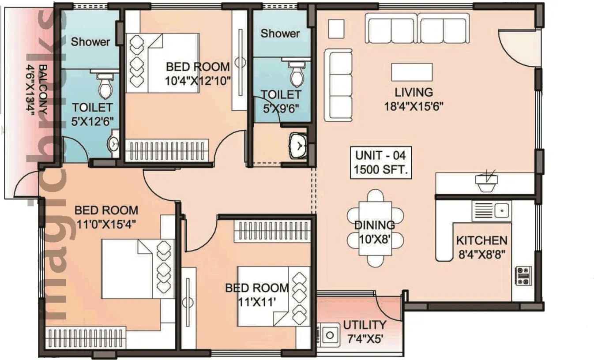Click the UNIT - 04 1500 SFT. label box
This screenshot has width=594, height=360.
click(x=381, y=162)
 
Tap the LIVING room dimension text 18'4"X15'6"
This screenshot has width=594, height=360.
click(x=414, y=106)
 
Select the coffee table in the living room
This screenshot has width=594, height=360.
click(x=412, y=72)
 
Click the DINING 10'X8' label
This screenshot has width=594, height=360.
click(x=375, y=232)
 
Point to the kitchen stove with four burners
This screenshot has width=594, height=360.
click(x=524, y=276)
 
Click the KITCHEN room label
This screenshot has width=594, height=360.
click(x=481, y=241)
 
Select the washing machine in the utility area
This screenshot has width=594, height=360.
click(x=328, y=335)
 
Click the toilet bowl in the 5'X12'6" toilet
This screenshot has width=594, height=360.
click(x=105, y=86)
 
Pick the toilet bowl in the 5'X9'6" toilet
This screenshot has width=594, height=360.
click(x=297, y=75)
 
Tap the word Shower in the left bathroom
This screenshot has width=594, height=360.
click(x=90, y=42)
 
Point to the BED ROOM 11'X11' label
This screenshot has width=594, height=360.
click(x=257, y=295)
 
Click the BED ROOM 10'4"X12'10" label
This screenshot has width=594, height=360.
click(x=198, y=73)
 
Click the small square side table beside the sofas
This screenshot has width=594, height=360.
click(x=337, y=29)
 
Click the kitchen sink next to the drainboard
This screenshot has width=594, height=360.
click(x=502, y=210)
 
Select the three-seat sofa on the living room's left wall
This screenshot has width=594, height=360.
click(x=338, y=85)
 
